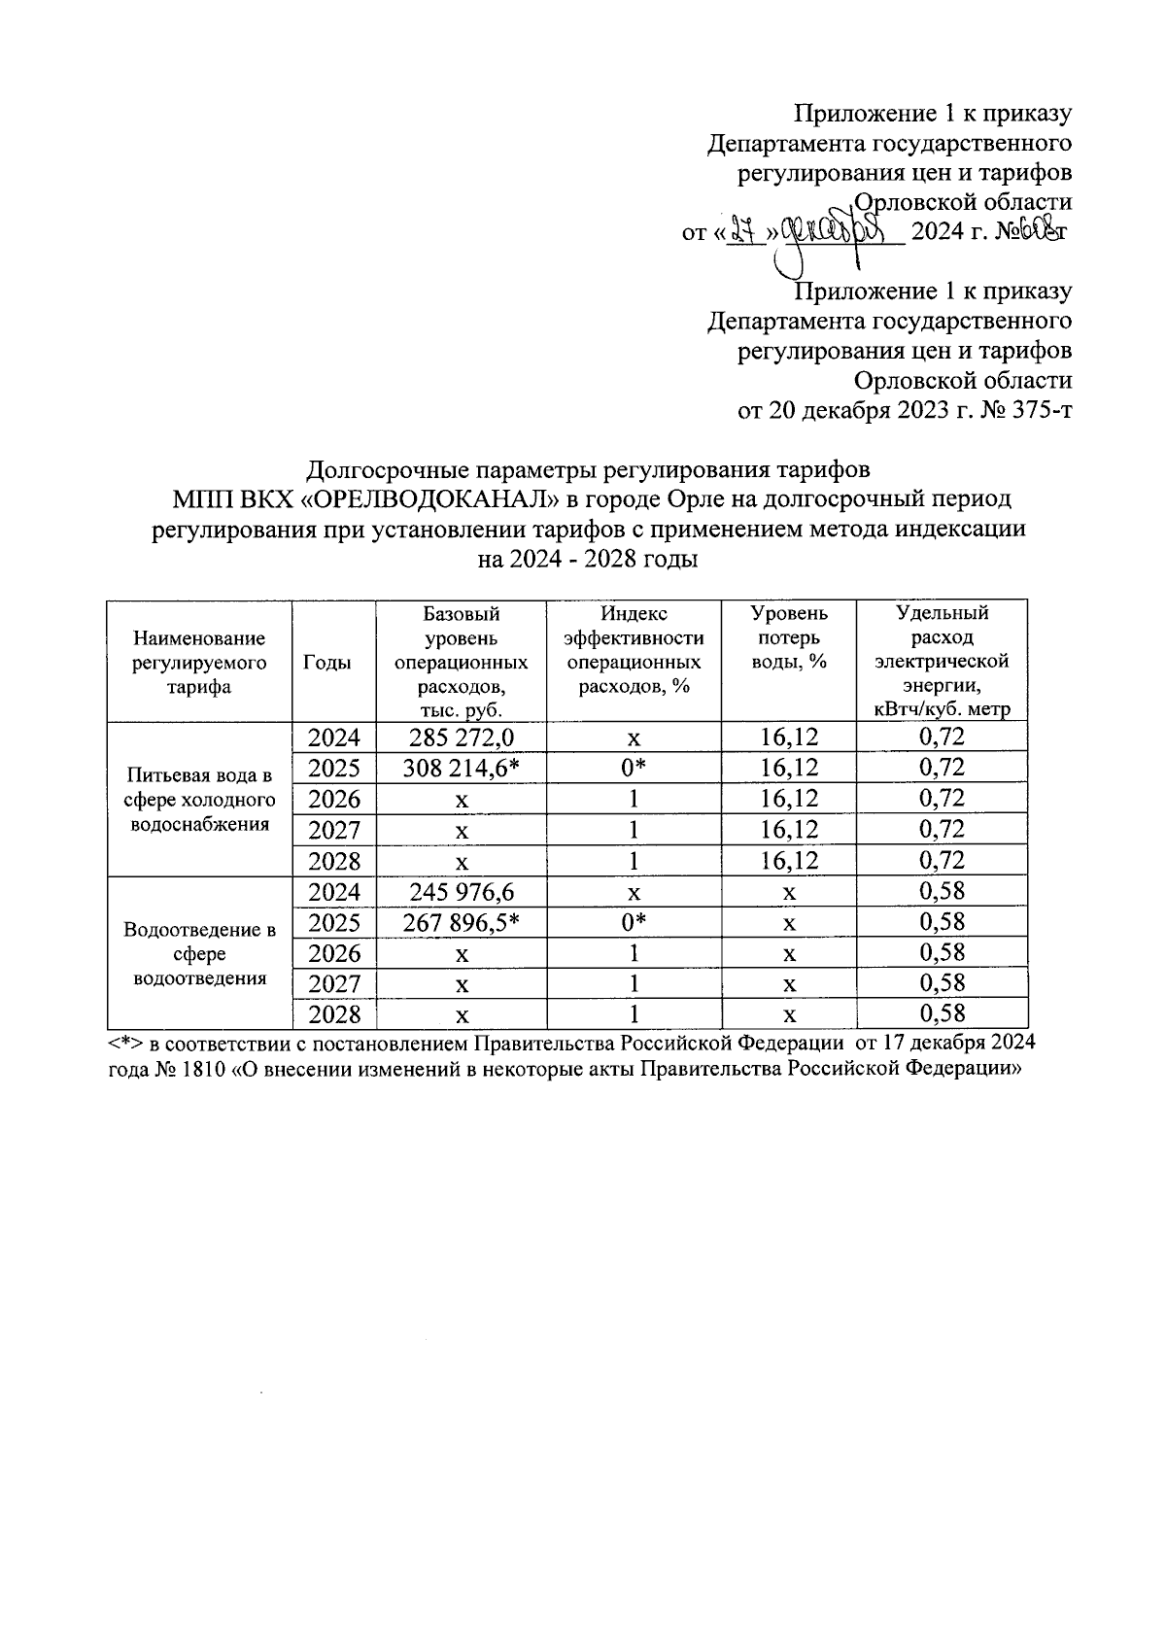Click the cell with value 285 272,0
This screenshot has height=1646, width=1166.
(x=462, y=737)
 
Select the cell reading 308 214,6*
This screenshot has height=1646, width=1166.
(x=462, y=769)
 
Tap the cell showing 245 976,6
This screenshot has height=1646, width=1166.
(x=462, y=892)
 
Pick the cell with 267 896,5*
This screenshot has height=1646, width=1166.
(x=462, y=923)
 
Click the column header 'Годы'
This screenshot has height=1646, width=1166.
(x=327, y=663)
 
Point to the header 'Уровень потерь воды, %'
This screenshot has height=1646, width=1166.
(x=788, y=638)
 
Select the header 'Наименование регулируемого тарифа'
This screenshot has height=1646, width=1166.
(x=199, y=663)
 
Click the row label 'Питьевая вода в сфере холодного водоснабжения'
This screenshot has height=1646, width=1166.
(x=199, y=800)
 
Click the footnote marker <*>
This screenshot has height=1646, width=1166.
(x=125, y=1044)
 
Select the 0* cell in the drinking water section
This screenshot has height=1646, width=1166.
(x=634, y=769)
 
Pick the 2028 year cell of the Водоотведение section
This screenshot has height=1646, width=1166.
(x=334, y=1015)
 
